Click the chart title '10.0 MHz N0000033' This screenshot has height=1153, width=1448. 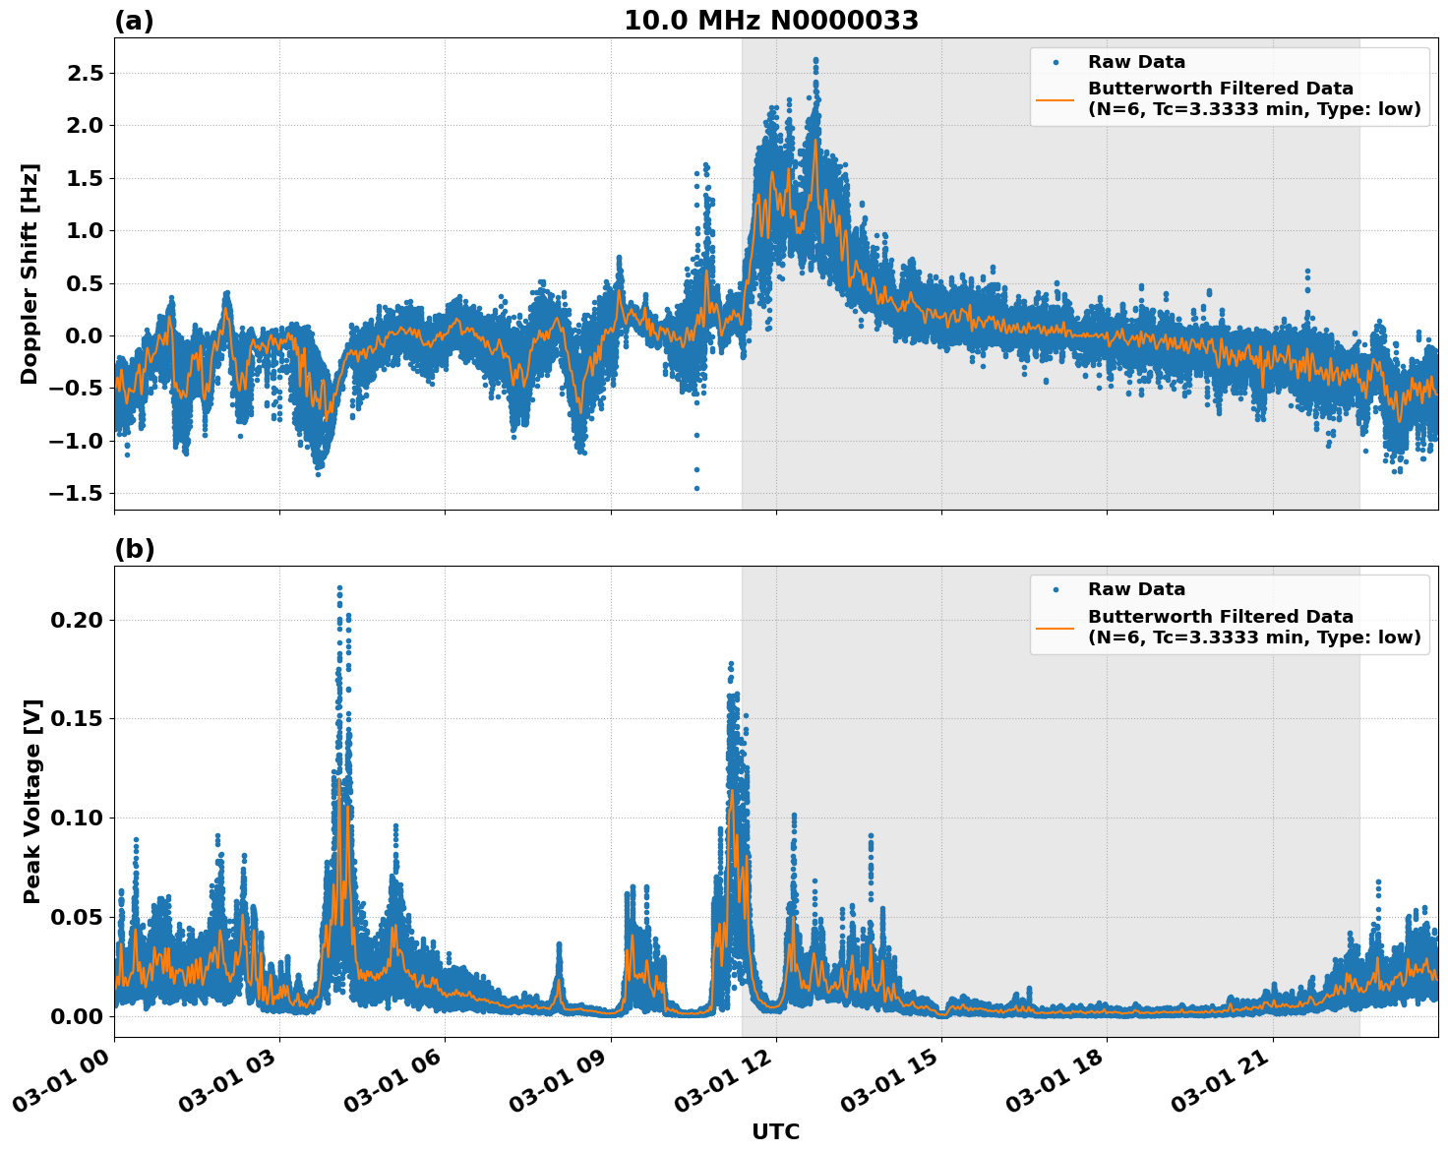point(770,21)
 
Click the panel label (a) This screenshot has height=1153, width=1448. point(134,21)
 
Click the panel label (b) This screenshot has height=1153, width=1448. point(134,549)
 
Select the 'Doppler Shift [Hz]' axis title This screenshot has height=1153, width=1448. point(30,273)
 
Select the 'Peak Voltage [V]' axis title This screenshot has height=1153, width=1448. point(32,801)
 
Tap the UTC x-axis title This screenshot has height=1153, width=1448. point(775,1131)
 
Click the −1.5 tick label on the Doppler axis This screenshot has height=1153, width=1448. point(75,493)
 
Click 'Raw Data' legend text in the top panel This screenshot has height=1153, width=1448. point(1136,62)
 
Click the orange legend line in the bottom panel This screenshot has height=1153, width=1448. point(1055,627)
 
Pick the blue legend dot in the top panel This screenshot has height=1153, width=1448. point(1055,62)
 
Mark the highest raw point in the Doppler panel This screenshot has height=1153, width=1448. point(815,60)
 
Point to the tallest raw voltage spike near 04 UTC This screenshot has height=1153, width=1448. point(339,588)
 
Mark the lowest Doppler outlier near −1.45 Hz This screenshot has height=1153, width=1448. point(696,488)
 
